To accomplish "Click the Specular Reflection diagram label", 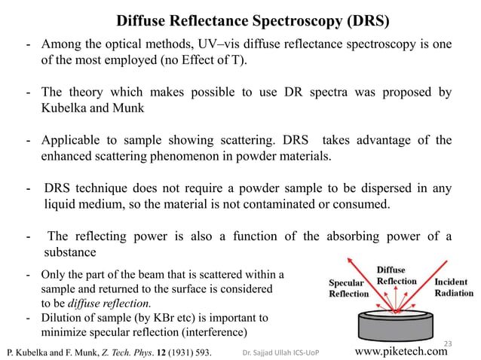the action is point(348,288).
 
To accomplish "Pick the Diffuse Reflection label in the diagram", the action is point(396,276).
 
